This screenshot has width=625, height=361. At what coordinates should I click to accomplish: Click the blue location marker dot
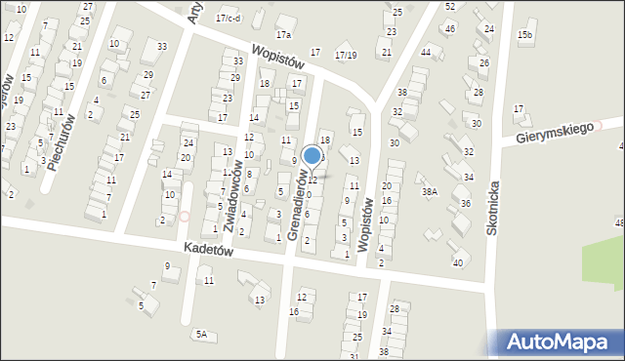(x=312, y=155)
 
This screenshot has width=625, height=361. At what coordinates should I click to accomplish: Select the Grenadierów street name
(x=304, y=206)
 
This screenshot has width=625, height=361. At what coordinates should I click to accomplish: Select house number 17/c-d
(x=228, y=18)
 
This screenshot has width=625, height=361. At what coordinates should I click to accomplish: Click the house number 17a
(x=283, y=34)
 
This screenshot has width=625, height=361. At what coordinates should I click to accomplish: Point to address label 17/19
(x=346, y=55)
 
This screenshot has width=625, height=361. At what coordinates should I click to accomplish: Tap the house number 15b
(x=525, y=35)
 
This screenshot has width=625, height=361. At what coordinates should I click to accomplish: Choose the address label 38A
(x=430, y=192)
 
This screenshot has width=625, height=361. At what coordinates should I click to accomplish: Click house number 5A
(x=201, y=335)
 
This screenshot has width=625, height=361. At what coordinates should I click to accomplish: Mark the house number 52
(x=449, y=6)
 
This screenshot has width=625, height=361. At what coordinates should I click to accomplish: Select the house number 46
(x=449, y=28)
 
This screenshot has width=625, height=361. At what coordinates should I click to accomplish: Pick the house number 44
(x=425, y=52)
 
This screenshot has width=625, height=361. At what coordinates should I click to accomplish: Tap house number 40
(x=458, y=262)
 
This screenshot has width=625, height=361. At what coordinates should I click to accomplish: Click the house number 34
(x=468, y=177)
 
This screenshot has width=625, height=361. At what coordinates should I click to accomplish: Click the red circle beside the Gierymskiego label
(x=602, y=125)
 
